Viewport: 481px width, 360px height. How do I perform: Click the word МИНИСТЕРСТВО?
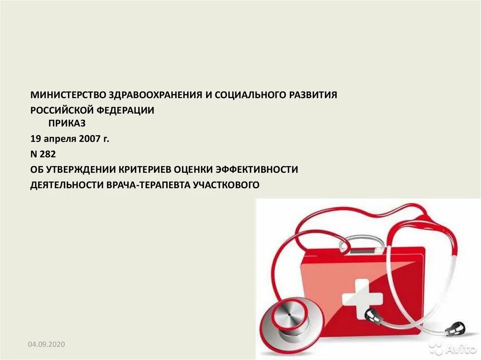[x=69, y=95]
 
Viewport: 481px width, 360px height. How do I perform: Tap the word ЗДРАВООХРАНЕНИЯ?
[x=155, y=95]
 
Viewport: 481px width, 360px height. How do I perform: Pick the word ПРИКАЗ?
[x=67, y=124]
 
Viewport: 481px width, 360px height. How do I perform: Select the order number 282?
[x=48, y=154]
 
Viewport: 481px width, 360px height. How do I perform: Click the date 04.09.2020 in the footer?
[x=46, y=345]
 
